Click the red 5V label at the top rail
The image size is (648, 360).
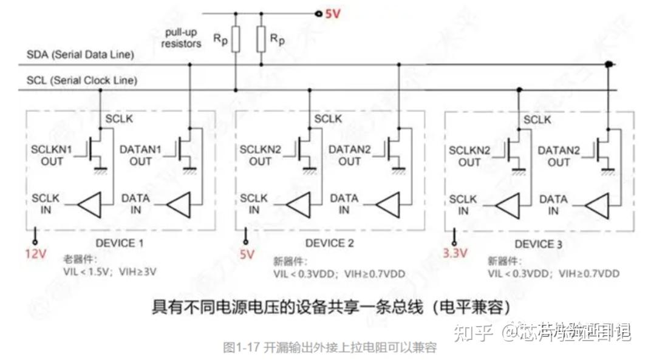coord(333,13)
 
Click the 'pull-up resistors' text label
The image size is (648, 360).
coord(182,38)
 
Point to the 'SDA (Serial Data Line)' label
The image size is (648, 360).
coord(80,55)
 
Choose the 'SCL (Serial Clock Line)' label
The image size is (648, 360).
coord(82,80)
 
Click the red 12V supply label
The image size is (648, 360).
coord(35,254)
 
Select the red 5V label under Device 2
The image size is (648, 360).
coord(247,254)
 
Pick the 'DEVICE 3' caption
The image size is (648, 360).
coord(534,244)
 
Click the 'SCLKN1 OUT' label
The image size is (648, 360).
coord(52,155)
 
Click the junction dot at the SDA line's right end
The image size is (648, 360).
coord(609,64)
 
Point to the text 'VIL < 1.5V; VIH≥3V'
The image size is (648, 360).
coord(110,272)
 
